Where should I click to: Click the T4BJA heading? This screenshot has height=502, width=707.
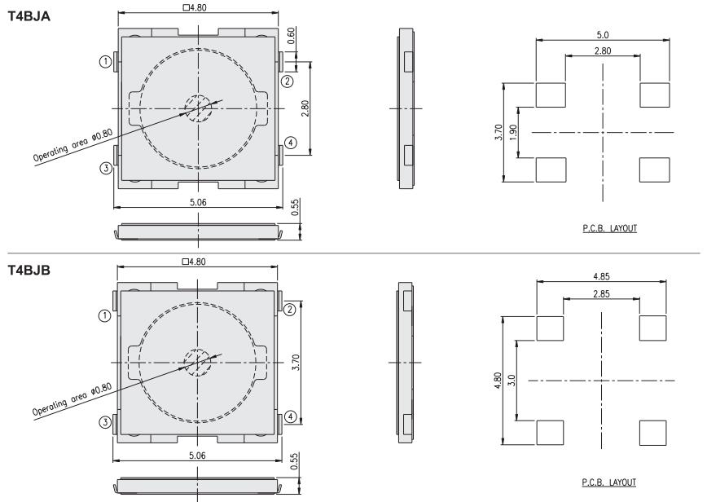tap(29, 16)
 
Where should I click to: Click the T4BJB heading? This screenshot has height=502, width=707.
tap(29, 271)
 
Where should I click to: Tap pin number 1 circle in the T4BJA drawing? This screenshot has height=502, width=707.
tap(105, 61)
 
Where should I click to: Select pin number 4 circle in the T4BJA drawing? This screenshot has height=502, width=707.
tap(290, 143)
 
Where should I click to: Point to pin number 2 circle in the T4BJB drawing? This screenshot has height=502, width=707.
tap(289, 310)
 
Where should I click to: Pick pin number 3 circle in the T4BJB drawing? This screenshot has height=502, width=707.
tap(104, 422)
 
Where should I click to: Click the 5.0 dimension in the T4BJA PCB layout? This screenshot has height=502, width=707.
tap(603, 35)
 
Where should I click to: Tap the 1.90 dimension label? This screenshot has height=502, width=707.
tap(512, 133)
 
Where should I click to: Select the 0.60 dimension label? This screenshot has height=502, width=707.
tap(292, 35)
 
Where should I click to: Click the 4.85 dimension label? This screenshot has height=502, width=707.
tap(601, 276)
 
